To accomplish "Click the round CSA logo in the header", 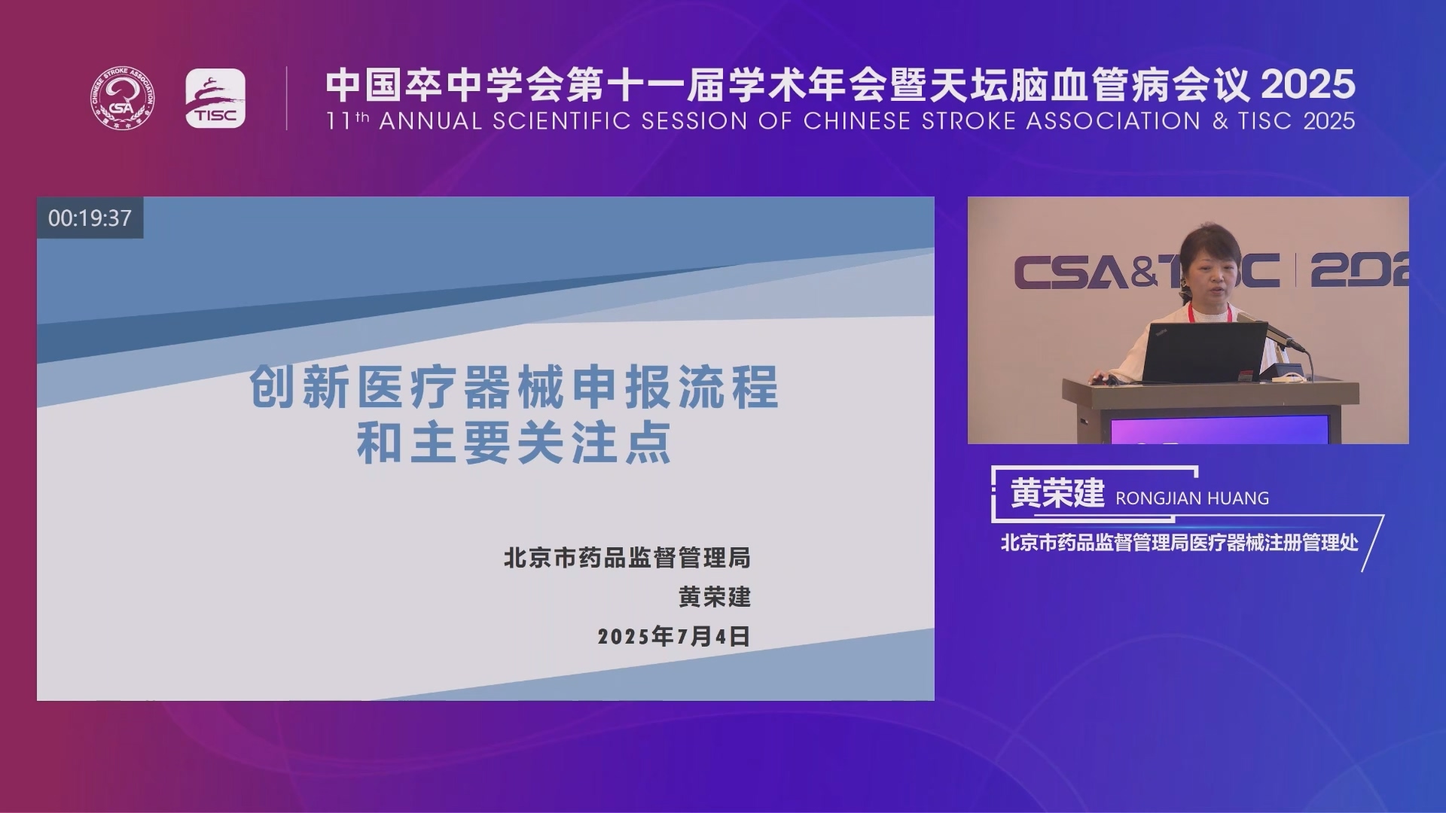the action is pos(123,99).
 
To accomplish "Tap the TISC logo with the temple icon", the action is pos(215,99).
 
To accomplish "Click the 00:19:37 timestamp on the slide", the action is pos(90,218).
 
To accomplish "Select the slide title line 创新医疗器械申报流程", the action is pos(514,387).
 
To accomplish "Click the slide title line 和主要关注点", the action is pos(514,443).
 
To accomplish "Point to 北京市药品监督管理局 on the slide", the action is pos(627,558).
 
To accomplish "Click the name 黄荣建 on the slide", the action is pos(715,597).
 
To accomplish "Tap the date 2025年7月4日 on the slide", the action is pos(674,637).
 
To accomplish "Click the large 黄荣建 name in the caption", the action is pos(1057,494).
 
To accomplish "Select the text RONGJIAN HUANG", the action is pos(1192,498).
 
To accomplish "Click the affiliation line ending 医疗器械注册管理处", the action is pos(1179,543).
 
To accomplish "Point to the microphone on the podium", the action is pos(1273,332).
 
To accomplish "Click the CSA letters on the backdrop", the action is pos(1070,272).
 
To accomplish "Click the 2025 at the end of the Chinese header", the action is pos(1308,84).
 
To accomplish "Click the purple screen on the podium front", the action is pos(1219,430).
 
